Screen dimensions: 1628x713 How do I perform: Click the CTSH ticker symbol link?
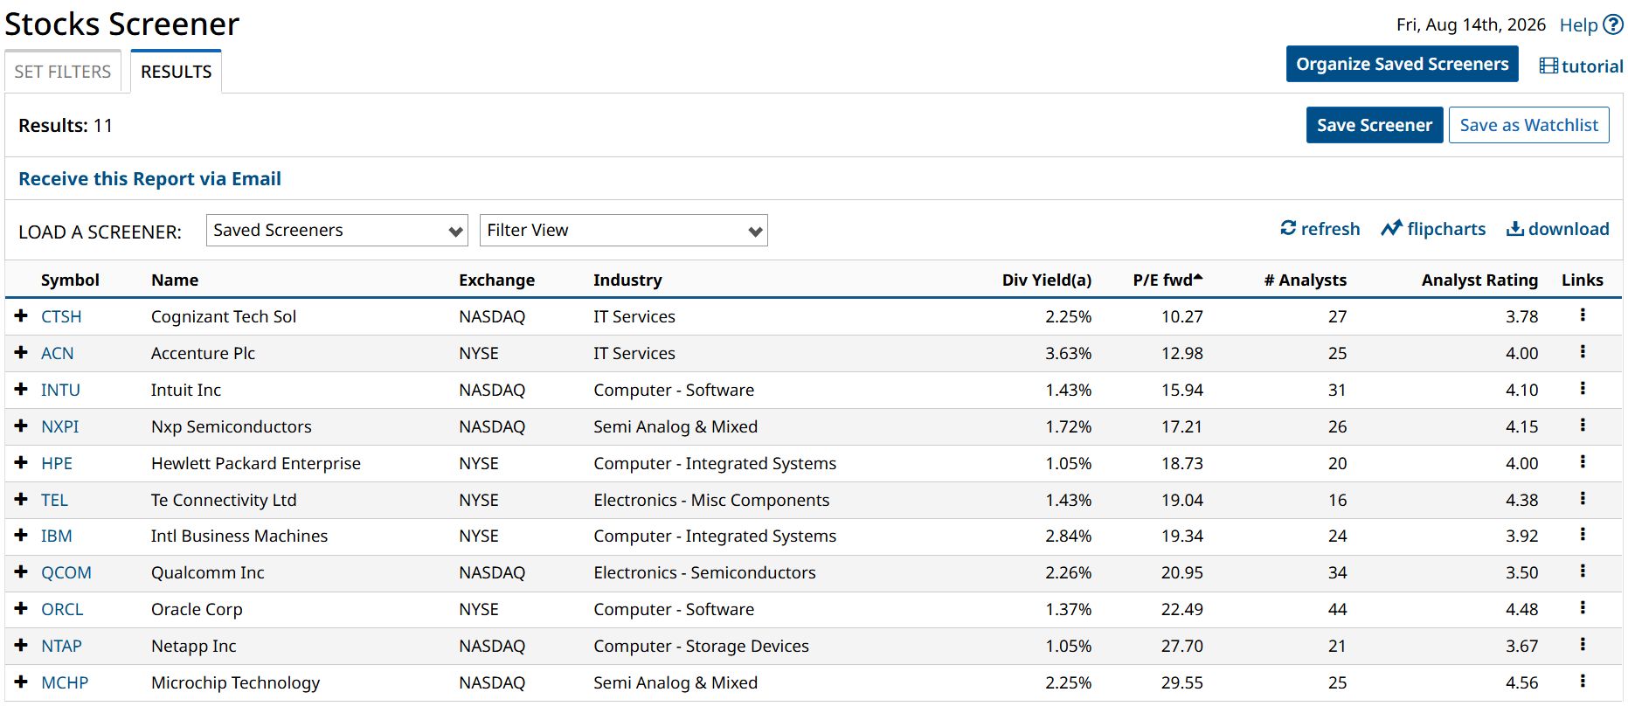coord(61,316)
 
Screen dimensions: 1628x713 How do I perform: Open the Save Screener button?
coord(1375,125)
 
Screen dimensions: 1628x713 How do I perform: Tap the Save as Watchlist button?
coord(1529,125)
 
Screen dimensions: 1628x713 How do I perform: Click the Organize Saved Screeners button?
coord(1403,64)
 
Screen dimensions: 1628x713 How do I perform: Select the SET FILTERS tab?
coord(63,72)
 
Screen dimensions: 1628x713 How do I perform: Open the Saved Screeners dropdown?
coord(337,231)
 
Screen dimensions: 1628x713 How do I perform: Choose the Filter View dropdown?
coord(624,231)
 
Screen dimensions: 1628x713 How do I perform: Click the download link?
coord(1558,229)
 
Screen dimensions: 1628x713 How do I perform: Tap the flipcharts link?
coord(1433,229)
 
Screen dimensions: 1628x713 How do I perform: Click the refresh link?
coord(1320,229)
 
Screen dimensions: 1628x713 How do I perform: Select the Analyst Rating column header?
coord(1479,280)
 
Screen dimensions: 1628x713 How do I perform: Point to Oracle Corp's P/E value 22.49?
coord(1182,609)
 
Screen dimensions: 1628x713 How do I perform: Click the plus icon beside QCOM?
coord(21,571)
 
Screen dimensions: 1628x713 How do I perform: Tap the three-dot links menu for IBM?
coord(1583,535)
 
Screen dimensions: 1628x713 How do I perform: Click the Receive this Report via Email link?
coord(149,179)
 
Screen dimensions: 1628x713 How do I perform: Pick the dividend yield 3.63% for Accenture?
coord(1069,353)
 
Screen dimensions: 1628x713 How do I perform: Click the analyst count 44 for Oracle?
coord(1338,609)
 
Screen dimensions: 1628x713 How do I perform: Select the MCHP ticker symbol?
coord(65,682)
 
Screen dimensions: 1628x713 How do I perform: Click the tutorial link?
coord(1582,66)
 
